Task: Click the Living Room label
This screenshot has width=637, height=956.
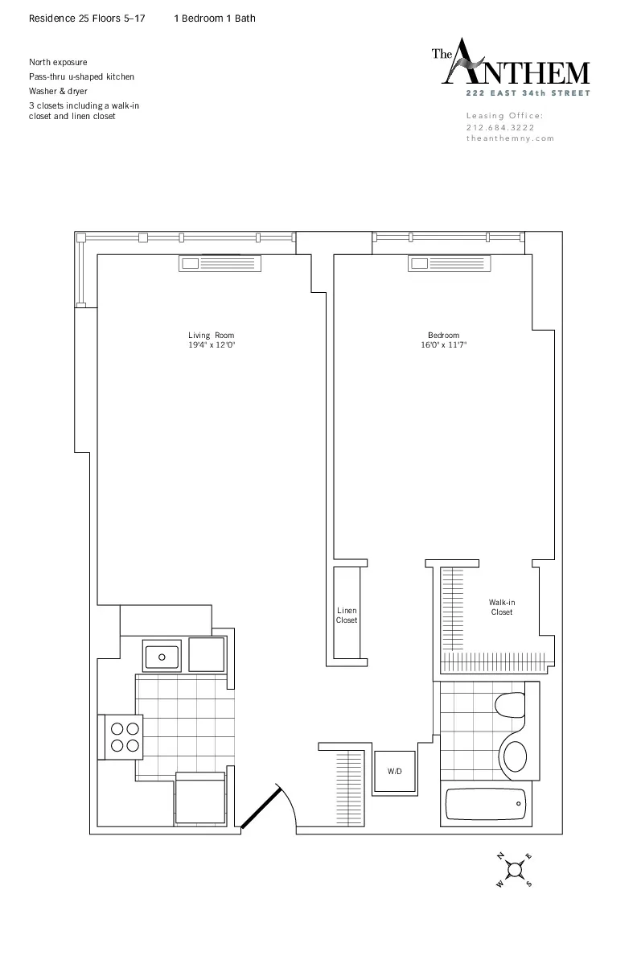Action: pos(212,336)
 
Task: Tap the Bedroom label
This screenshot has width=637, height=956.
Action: pos(443,336)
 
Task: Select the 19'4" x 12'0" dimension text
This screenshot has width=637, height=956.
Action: pos(212,345)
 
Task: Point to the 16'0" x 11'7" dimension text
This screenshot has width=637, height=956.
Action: pos(443,345)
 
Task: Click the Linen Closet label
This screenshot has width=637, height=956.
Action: pos(347,616)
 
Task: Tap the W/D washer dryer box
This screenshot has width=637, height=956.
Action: pos(395,772)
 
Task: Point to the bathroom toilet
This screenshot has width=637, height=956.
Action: pos(509,707)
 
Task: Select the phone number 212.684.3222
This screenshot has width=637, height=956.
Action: pos(500,127)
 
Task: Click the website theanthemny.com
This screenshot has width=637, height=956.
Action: pos(511,138)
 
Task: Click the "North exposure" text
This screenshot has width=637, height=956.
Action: pos(58,62)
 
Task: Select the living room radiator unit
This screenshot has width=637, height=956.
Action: pos(220,263)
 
